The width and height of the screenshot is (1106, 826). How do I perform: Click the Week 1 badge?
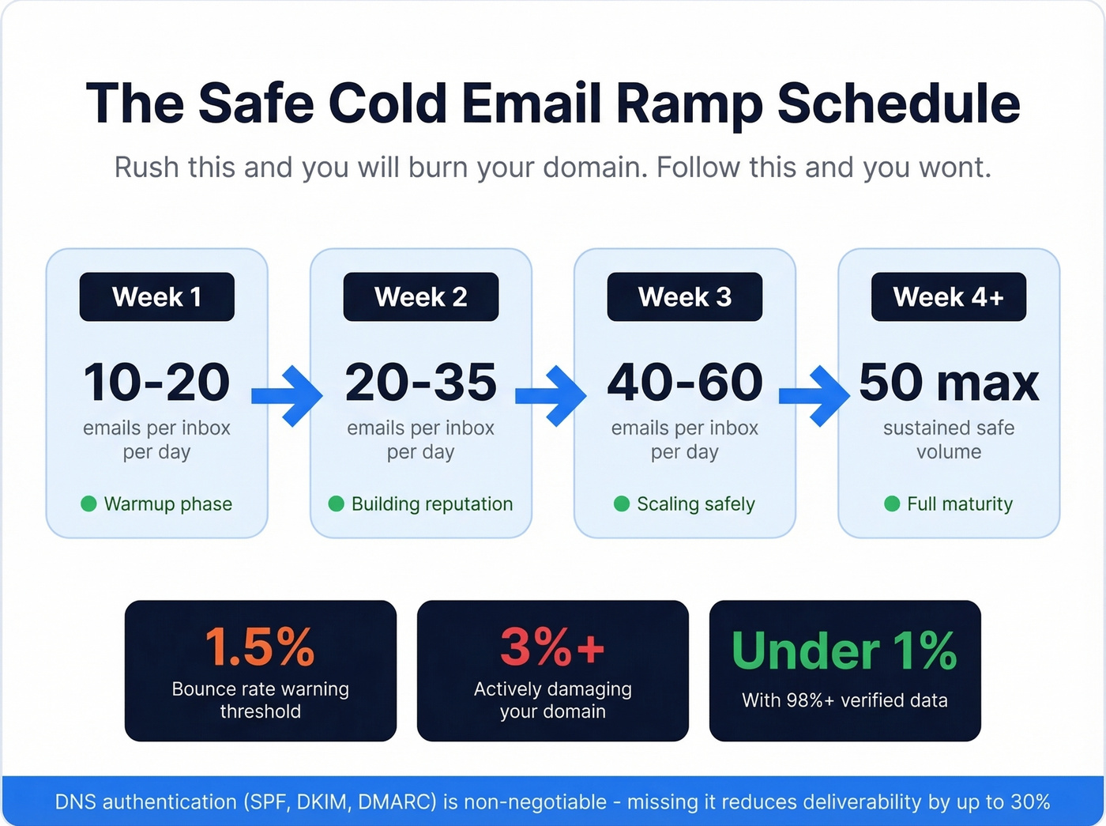pyautogui.click(x=156, y=297)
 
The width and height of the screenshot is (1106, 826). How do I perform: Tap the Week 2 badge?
pyautogui.click(x=420, y=297)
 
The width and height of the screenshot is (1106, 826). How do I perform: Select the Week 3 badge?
pyautogui.click(x=684, y=297)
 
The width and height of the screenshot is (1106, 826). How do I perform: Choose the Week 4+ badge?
pyautogui.click(x=948, y=297)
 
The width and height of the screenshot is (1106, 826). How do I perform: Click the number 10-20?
pyautogui.click(x=156, y=383)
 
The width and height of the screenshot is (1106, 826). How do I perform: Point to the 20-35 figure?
pyautogui.click(x=420, y=383)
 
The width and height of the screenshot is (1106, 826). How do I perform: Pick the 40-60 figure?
pyautogui.click(x=684, y=383)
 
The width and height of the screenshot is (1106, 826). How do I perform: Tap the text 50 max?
pyautogui.click(x=948, y=383)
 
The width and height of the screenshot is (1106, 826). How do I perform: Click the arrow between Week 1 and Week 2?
pyautogui.click(x=289, y=395)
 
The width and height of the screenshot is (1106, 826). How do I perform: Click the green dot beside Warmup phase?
pyautogui.click(x=88, y=504)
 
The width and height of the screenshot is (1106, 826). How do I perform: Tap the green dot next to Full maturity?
pyautogui.click(x=892, y=504)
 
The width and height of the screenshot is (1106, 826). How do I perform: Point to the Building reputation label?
pyautogui.click(x=431, y=504)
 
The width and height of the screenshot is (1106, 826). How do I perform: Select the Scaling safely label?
pyautogui.click(x=695, y=504)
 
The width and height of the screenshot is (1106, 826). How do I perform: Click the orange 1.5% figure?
pyautogui.click(x=260, y=648)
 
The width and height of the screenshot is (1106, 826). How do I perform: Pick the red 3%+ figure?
pyautogui.click(x=552, y=648)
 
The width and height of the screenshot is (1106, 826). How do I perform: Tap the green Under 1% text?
pyautogui.click(x=845, y=651)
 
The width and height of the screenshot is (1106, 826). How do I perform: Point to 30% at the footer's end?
pyautogui.click(x=1029, y=802)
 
